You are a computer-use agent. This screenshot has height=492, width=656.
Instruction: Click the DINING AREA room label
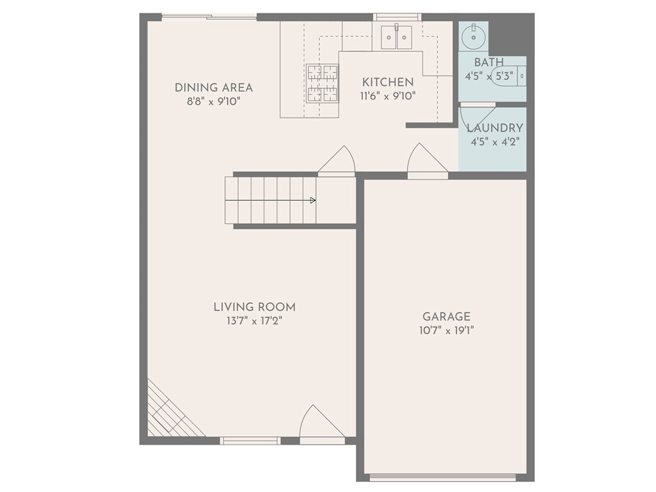[214, 88]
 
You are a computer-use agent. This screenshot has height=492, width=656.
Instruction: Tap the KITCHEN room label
[388, 82]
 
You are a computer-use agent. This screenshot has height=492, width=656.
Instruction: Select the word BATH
[489, 62]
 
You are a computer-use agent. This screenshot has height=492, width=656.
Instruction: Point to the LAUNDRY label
[494, 128]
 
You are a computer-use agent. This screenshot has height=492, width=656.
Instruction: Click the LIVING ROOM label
[254, 307]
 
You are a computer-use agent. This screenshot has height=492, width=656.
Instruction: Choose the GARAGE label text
[446, 317]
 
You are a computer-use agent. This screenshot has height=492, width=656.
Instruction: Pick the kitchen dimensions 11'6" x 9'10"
[388, 96]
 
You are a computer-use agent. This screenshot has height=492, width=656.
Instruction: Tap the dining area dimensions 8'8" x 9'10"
[214, 101]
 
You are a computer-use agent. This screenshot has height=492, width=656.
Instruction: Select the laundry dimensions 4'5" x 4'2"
[494, 142]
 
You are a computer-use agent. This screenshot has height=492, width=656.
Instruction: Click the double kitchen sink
[396, 37]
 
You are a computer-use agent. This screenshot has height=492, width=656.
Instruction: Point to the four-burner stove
[322, 83]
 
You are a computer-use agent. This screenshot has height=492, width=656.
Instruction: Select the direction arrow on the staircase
[312, 201]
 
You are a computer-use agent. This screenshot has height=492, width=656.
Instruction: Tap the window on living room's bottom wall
[250, 441]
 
